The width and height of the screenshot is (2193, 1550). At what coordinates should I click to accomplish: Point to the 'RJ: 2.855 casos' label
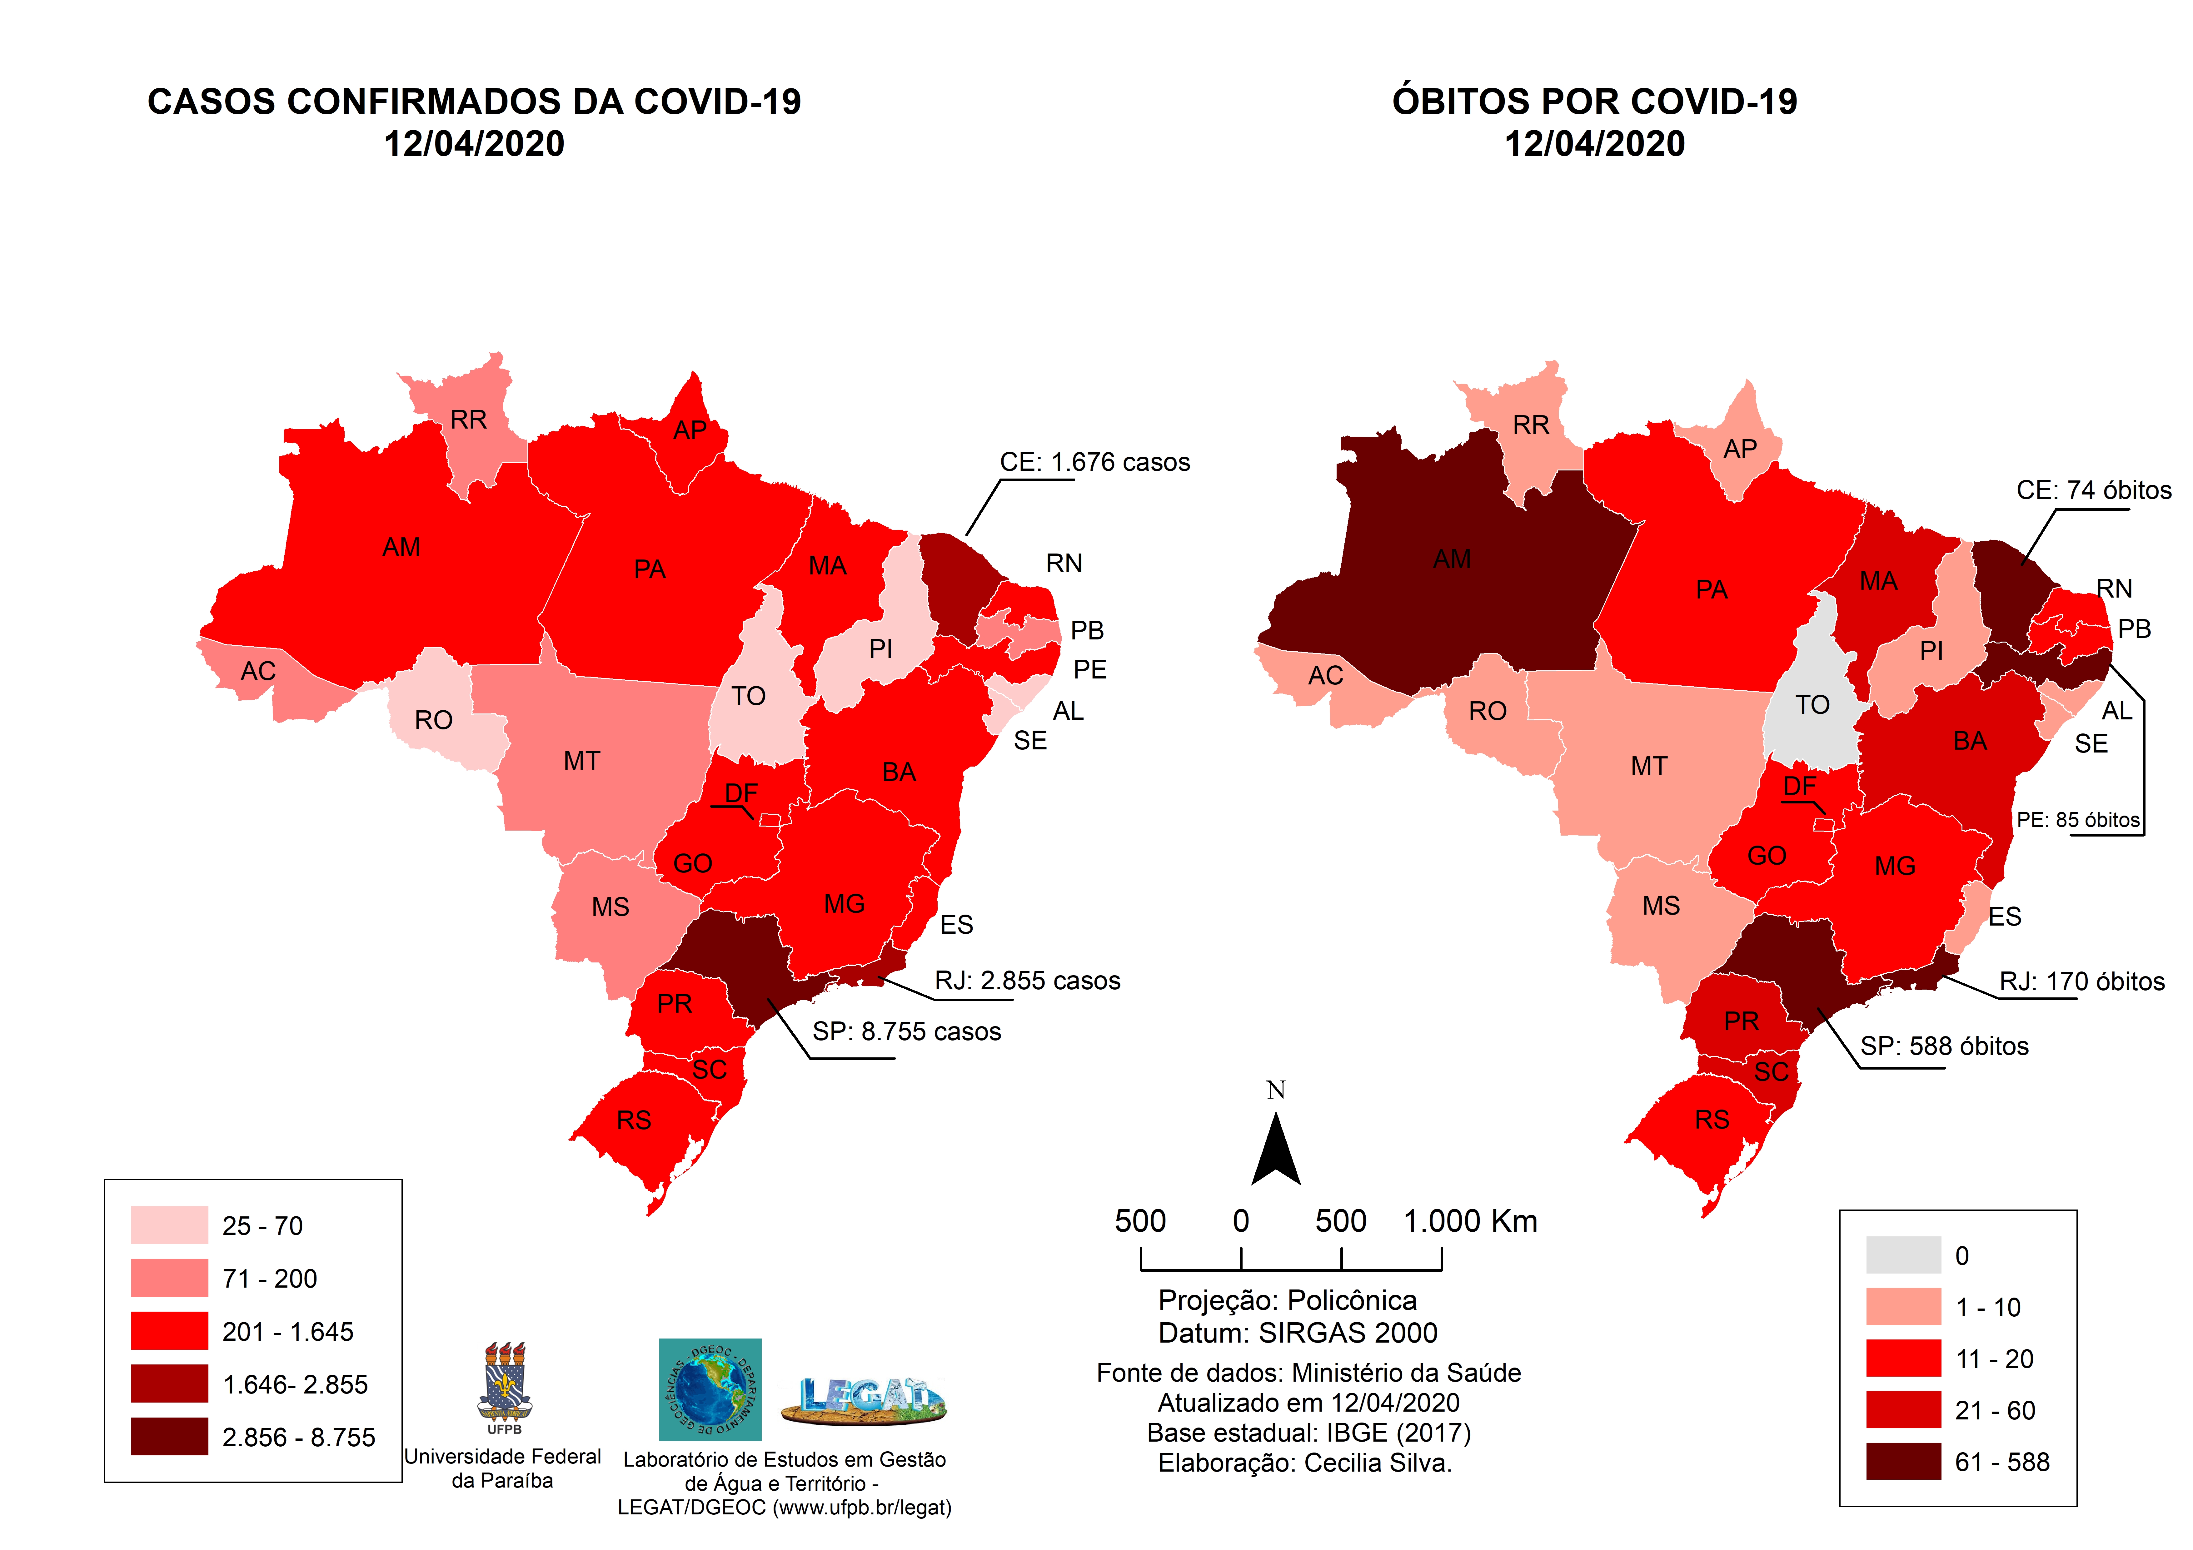1027,981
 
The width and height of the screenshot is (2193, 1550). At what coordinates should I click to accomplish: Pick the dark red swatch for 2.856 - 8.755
169,1436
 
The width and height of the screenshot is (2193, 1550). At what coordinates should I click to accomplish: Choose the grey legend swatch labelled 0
1903,1255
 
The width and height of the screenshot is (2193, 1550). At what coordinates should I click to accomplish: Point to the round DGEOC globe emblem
710,1389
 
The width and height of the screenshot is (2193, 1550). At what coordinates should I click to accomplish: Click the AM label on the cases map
401,547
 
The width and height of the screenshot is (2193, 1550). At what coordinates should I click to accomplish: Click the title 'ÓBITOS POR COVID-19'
1594,102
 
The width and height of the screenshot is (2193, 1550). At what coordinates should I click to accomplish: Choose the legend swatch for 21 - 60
1903,1410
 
